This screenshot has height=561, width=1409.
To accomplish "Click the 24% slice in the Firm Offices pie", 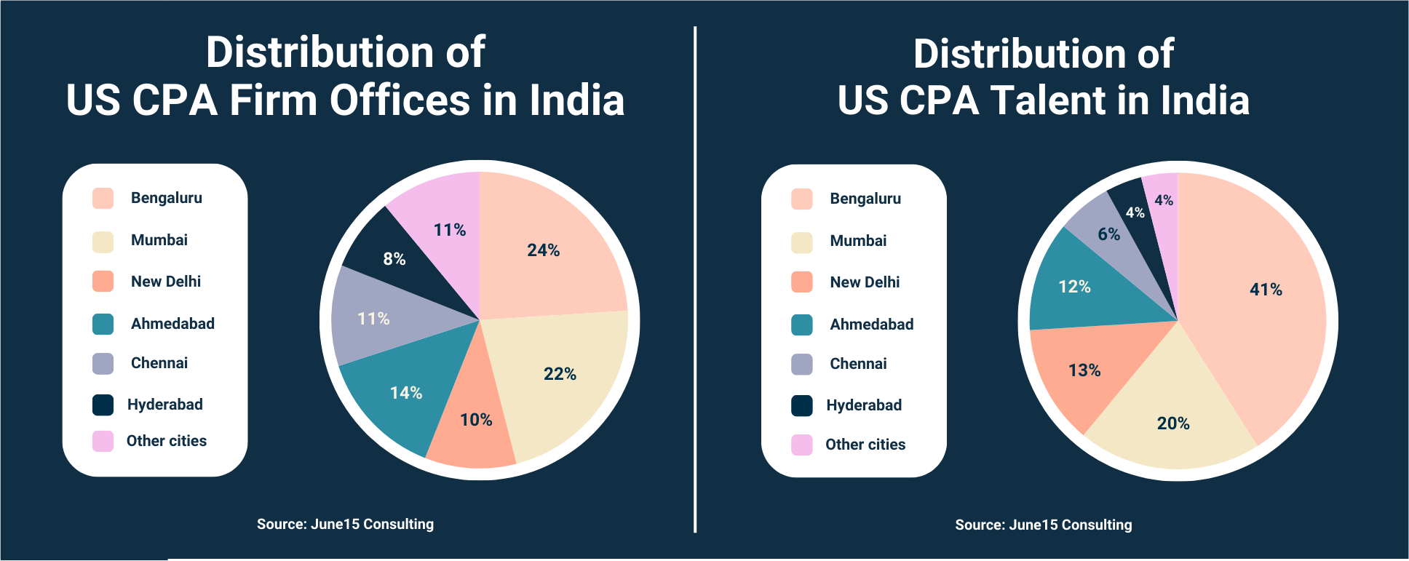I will tap(543, 250).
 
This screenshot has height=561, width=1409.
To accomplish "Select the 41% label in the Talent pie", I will tap(1266, 290).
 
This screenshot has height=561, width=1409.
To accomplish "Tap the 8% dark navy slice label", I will tap(394, 259).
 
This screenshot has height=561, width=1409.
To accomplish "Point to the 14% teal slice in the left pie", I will tap(405, 393).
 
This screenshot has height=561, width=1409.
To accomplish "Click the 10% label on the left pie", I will tap(476, 420).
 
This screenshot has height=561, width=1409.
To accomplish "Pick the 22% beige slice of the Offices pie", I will tap(560, 374).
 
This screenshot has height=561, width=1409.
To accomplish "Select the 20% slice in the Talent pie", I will tap(1172, 423).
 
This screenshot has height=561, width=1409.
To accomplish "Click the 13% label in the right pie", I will tap(1084, 370).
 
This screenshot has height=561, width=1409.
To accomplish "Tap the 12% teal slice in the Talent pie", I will tap(1074, 287).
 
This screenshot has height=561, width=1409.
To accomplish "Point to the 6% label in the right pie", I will tap(1108, 234).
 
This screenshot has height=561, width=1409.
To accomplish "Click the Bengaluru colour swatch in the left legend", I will tap(103, 199).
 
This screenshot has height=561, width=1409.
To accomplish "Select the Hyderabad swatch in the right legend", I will tap(802, 406).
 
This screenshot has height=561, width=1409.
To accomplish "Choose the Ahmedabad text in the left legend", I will tap(172, 324).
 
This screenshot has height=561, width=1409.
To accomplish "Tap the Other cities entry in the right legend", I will tap(865, 445).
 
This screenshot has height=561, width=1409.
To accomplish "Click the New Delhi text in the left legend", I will tap(166, 282).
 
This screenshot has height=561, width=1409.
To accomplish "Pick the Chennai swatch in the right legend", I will tap(802, 365).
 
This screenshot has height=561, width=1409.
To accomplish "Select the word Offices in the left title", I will tap(400, 100).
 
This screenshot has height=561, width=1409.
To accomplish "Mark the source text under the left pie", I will tap(345, 524).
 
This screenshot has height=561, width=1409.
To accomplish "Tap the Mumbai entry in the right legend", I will tap(858, 241).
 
